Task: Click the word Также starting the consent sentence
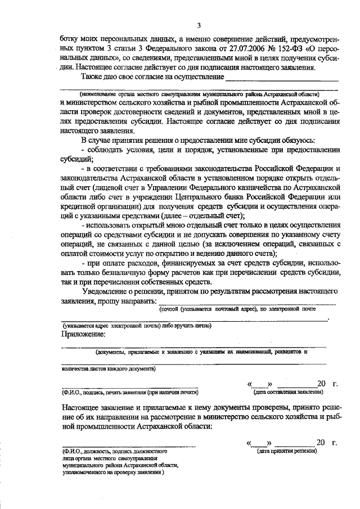(x=93, y=76)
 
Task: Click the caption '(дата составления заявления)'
(x=287, y=391)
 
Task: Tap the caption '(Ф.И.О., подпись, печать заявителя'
(x=130, y=392)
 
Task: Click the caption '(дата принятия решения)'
(x=287, y=451)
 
